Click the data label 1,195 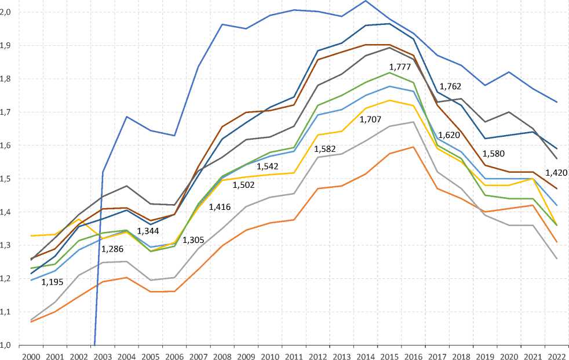click(52, 282)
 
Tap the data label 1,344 click(148, 232)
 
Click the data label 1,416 click(220, 206)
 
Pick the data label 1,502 click(244, 185)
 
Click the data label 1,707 click(371, 119)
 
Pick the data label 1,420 click(557, 172)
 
